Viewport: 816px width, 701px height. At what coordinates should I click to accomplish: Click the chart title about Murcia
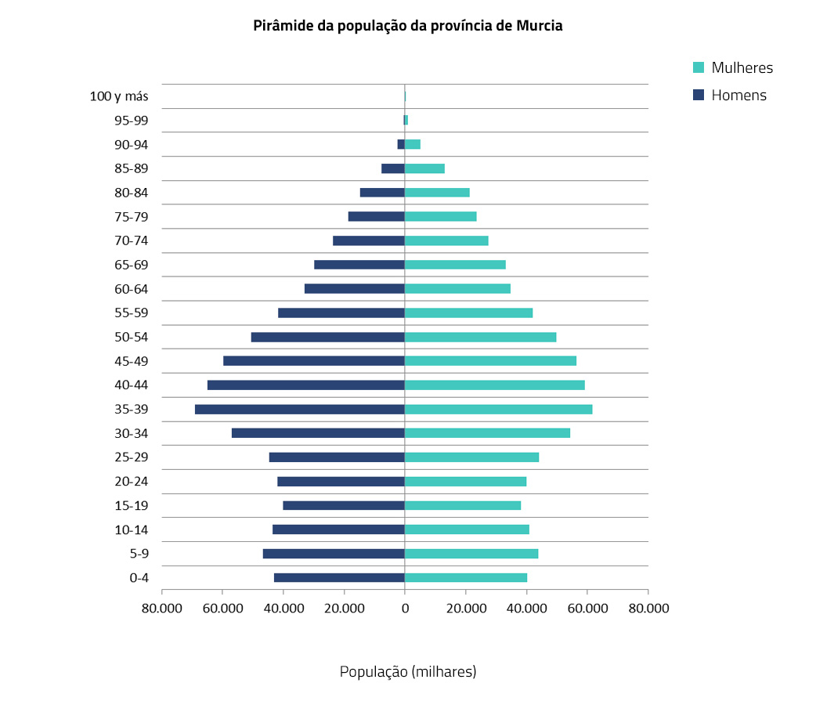point(408,26)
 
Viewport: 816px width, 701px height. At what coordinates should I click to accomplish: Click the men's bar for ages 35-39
point(300,410)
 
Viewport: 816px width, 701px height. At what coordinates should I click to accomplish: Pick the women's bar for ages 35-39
point(498,410)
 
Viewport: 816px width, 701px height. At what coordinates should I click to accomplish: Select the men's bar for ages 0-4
point(339,578)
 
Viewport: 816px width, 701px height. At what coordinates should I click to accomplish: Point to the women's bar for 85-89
point(424,168)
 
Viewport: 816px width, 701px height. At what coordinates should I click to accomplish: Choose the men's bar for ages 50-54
point(328,338)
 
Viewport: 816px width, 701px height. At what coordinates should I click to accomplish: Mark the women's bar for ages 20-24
point(465,482)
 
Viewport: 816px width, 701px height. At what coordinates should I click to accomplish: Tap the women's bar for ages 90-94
point(413,144)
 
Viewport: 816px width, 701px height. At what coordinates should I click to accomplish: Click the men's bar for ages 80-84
point(382,193)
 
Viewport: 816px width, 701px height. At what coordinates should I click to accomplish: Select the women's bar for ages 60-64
point(457,289)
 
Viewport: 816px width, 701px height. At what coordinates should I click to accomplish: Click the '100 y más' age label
point(119,96)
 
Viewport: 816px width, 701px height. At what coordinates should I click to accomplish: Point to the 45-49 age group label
point(131,361)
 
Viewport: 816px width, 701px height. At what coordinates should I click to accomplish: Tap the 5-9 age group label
point(139,554)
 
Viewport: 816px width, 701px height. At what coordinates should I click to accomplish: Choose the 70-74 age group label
point(131,241)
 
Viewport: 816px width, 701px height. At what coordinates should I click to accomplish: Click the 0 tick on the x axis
point(405,609)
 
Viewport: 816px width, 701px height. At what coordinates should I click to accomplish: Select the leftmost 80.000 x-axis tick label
point(161,609)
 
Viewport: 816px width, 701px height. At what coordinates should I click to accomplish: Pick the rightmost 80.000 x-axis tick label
point(648,609)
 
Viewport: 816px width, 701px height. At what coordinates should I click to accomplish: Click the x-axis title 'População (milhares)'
point(408,671)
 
